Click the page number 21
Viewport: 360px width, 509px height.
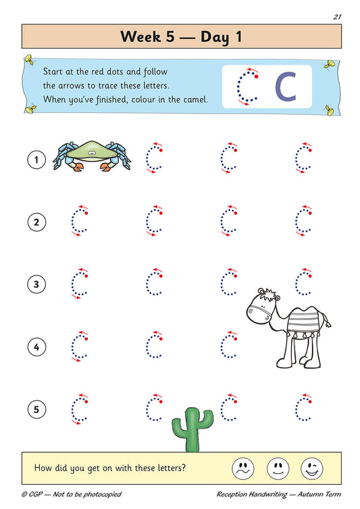click(336, 16)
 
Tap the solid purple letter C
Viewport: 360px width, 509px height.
click(286, 86)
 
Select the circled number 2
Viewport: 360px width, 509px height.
click(36, 221)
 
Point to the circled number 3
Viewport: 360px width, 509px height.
click(36, 284)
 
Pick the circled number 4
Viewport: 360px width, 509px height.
click(36, 347)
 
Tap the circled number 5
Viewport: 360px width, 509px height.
click(36, 408)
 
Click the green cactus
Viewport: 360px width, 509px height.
click(191, 429)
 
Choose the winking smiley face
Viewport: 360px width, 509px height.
click(311, 467)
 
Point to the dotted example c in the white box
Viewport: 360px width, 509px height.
click(247, 86)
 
